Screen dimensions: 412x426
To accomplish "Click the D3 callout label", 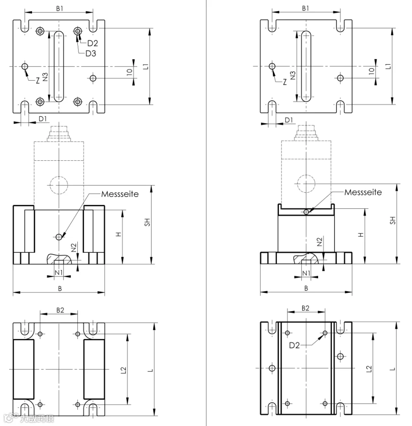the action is pos(91,54).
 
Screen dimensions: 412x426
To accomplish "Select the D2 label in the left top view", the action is pos(92,44).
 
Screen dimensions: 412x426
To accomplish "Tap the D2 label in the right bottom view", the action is pos(294,345).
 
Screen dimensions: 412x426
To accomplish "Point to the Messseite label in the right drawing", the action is pos(363,192).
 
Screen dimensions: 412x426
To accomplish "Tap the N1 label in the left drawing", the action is pos(59,273).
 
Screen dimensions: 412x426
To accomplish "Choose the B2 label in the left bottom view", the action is pos(60,310).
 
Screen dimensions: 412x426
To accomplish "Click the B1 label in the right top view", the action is pos(306,8).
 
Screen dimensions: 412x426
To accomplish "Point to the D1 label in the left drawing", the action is pos(43,119).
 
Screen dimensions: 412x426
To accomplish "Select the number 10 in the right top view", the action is pos(372,71).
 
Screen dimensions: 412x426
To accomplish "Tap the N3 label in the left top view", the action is pos(45,77).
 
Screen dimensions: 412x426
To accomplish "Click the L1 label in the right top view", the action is pos(388,66).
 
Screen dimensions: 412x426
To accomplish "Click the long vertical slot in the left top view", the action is pos(59,66).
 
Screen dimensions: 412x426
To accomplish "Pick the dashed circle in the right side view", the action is pos(306,183).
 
